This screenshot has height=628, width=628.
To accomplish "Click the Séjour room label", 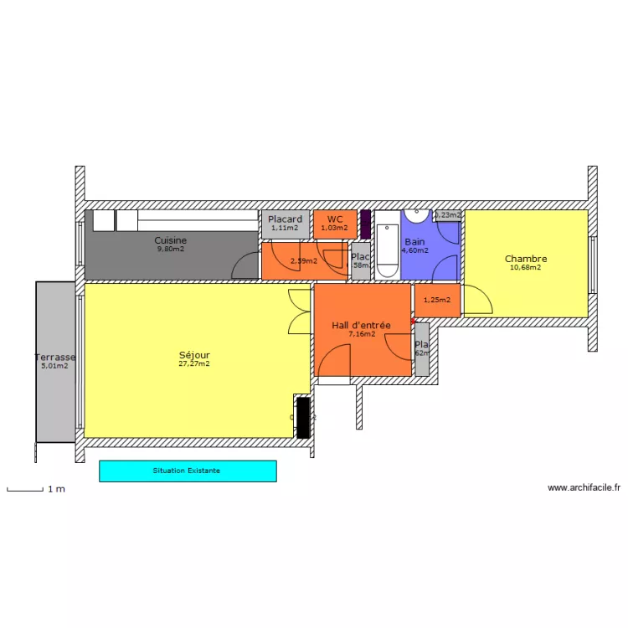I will [194, 354].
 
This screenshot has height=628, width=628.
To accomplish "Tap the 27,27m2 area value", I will [194, 364].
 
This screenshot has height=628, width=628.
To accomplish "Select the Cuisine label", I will [171, 240].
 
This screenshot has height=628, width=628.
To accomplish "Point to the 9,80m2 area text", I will [171, 250].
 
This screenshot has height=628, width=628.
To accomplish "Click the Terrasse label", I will [54, 356].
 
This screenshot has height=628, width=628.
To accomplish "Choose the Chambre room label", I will [526, 259].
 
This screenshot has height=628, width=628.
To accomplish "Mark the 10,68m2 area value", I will [526, 268].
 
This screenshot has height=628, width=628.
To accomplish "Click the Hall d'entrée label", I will [361, 325].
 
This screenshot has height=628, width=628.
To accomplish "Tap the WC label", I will [335, 219].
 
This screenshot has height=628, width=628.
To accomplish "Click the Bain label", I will [414, 241].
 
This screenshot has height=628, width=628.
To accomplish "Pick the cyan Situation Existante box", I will [188, 471].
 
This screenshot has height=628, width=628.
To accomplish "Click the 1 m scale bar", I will [24, 488].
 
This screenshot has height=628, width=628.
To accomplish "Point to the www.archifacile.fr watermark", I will [584, 487].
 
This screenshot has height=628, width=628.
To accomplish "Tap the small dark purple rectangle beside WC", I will [365, 224].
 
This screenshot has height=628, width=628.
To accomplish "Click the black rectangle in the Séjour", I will [302, 416].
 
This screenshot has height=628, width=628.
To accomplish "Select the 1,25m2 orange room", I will [437, 301].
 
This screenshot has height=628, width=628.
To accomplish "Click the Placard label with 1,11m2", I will [285, 220].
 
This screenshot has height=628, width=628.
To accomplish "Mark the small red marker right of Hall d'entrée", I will [412, 320].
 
